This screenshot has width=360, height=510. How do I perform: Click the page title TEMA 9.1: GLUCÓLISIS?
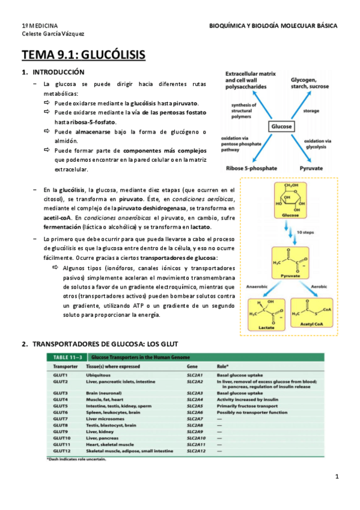tap(84, 56)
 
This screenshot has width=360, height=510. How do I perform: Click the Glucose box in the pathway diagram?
tap(281, 127)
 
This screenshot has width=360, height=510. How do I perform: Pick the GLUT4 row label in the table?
tap(61, 399)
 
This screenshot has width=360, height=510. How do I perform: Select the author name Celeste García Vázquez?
tap(53, 34)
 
